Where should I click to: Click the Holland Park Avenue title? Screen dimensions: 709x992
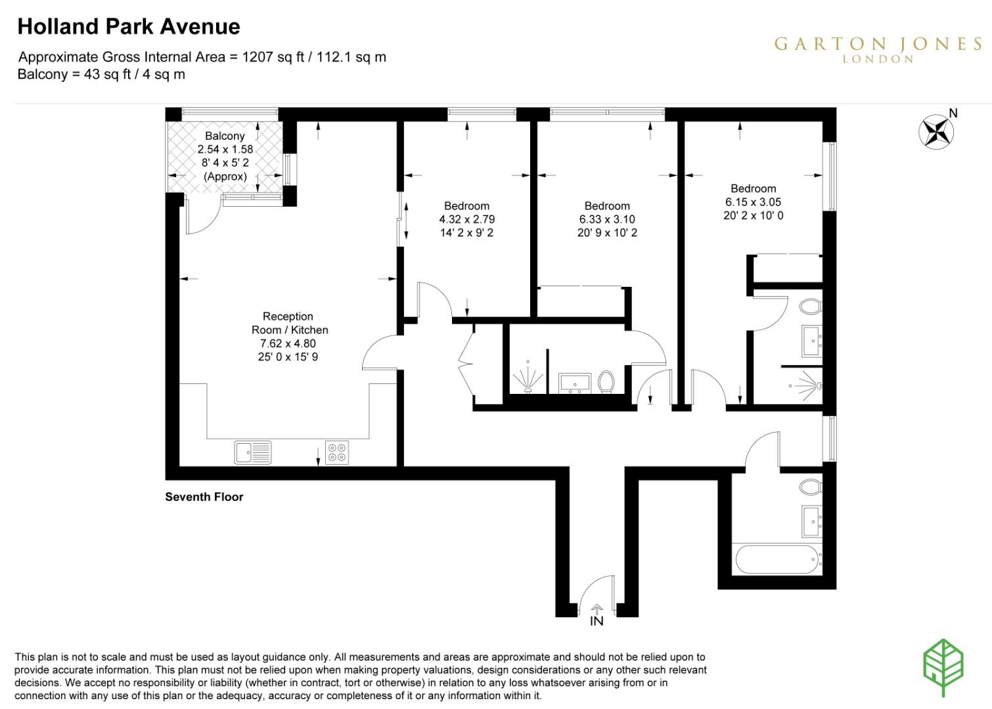click(x=129, y=27)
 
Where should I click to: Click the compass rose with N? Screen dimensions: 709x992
click(x=936, y=131)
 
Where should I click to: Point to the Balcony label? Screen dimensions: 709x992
click(x=225, y=136)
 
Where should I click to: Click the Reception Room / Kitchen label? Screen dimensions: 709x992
click(x=289, y=323)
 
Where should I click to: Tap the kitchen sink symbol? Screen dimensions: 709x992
click(x=253, y=452)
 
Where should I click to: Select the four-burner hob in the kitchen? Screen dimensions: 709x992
click(x=336, y=452)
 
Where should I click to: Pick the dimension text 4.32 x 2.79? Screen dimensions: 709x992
click(x=466, y=219)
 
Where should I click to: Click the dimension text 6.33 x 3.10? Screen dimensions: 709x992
click(x=607, y=219)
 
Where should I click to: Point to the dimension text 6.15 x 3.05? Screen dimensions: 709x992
click(x=753, y=202)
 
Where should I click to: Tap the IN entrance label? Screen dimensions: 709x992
click(x=597, y=621)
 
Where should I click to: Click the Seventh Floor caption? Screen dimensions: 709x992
click(x=204, y=497)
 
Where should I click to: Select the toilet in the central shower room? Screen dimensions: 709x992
click(x=606, y=382)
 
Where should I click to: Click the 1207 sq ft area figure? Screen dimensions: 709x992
click(x=273, y=57)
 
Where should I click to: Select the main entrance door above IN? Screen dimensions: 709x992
click(x=596, y=594)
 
